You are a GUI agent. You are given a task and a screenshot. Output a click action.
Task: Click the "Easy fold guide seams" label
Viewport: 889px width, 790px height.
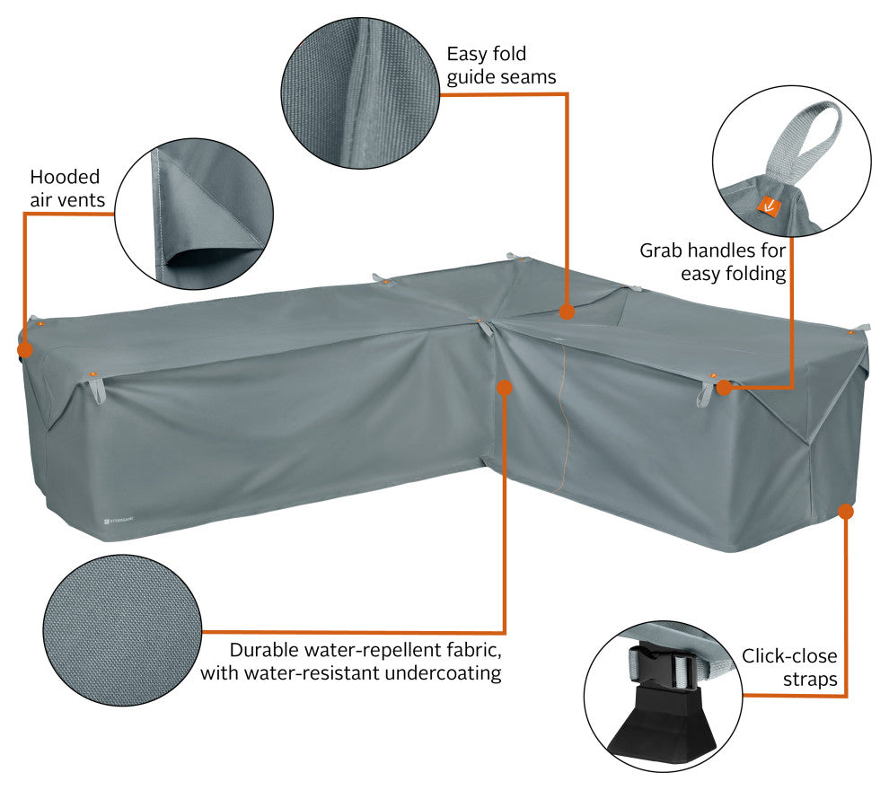(501, 66)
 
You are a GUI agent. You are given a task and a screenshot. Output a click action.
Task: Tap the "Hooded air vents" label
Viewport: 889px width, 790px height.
(67, 189)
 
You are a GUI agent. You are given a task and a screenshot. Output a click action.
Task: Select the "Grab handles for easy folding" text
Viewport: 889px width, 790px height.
(713, 262)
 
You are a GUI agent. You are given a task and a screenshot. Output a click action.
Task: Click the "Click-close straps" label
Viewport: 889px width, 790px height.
(789, 668)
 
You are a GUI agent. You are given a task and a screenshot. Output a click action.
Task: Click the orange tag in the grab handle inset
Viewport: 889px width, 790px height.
(769, 206)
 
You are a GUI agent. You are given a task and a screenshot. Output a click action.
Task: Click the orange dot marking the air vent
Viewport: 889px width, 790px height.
(25, 349)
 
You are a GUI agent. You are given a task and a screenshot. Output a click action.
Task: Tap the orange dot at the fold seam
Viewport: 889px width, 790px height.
(567, 312)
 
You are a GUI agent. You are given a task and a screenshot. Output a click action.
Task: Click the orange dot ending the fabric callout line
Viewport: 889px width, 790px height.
(504, 388)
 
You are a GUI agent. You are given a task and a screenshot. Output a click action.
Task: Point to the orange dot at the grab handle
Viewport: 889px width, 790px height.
(724, 388)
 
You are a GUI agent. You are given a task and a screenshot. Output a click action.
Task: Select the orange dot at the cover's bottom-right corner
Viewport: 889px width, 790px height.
(846, 512)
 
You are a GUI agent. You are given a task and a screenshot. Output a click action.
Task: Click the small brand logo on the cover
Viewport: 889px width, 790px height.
(119, 519)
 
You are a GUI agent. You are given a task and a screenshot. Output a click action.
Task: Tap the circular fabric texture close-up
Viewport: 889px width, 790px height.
(122, 630)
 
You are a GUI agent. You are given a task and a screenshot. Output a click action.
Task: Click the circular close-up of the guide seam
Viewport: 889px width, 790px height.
(360, 92)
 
